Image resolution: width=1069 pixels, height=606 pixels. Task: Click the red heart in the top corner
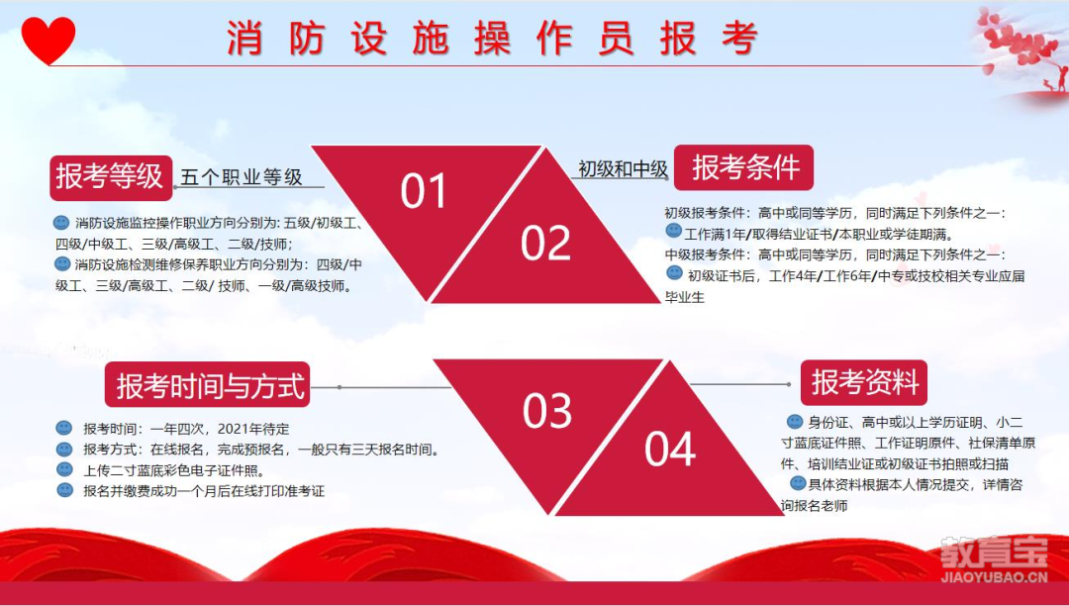tap(48, 39)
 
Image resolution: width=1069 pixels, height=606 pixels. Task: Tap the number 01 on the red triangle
tap(423, 191)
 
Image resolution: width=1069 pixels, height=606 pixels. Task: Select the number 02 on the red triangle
tap(545, 244)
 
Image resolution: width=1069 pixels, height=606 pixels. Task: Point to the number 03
tap(546, 410)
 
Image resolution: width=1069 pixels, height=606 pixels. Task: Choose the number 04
tap(670, 449)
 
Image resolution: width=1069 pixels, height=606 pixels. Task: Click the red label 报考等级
tap(111, 176)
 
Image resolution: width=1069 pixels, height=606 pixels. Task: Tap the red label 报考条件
tap(743, 167)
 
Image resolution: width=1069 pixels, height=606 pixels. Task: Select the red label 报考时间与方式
tap(207, 385)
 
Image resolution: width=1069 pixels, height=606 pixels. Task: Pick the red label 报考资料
tap(864, 383)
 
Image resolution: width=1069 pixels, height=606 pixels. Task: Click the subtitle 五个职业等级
tap(241, 177)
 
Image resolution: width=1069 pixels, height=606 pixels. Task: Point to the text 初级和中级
tap(623, 168)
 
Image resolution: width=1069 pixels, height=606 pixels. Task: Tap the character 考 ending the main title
tap(739, 39)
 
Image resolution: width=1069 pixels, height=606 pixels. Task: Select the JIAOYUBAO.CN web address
tap(994, 578)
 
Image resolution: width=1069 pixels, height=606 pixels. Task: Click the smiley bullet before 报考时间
tap(64, 428)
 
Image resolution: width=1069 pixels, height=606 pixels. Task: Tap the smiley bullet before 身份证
tap(795, 421)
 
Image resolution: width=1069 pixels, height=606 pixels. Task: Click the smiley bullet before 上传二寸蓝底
tap(64, 469)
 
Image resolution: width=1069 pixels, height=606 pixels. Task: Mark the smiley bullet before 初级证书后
tap(674, 273)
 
